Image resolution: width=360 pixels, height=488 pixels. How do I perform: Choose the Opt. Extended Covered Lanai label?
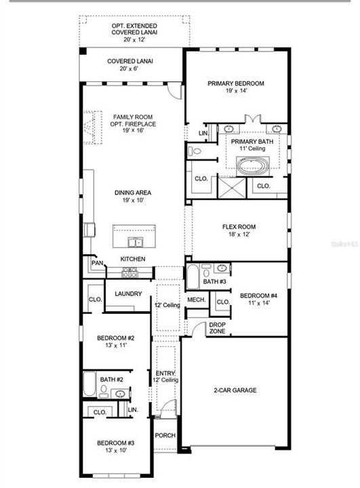(x=130, y=31)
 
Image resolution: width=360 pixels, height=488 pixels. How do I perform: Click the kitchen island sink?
(x=134, y=242)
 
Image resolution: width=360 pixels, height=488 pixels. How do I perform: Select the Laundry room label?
(x=128, y=293)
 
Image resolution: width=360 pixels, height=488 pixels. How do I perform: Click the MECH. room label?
(x=196, y=300)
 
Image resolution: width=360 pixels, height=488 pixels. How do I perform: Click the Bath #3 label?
(x=214, y=281)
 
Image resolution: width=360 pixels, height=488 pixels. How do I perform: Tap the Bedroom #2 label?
(x=115, y=342)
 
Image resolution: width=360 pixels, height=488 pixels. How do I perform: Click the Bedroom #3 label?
(x=115, y=447)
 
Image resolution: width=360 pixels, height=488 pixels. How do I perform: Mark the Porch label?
(x=165, y=436)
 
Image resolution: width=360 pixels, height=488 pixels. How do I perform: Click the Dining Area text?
(x=132, y=197)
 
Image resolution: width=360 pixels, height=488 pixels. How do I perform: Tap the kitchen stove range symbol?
(x=129, y=272)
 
